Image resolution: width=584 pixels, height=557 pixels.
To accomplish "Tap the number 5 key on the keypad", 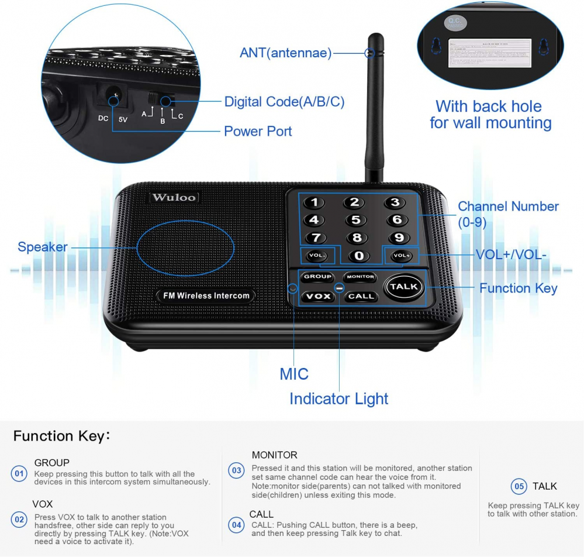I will point(355,220).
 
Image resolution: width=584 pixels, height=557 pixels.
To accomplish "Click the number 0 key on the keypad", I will point(359,256).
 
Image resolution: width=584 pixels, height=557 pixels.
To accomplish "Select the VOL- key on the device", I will point(317,256).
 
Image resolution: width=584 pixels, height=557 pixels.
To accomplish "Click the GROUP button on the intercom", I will point(317,277).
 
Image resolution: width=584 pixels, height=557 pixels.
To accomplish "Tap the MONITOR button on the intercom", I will point(360,277).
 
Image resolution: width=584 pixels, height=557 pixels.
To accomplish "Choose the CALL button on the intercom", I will point(361,296).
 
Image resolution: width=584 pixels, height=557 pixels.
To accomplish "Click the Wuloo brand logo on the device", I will point(174,197).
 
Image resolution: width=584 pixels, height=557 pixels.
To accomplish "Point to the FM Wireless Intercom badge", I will point(206,295).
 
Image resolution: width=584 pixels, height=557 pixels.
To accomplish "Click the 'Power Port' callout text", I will point(258,131).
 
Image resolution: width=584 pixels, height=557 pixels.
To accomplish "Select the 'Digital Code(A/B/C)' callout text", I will point(284,102).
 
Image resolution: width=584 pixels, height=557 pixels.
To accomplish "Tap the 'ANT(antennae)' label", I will point(285,53).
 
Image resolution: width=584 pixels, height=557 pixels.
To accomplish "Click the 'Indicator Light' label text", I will point(338,399).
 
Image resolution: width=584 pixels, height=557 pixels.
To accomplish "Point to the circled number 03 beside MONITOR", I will point(236,470).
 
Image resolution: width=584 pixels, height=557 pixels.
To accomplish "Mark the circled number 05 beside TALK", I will point(519,486).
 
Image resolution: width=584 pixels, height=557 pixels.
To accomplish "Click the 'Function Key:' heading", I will point(61,436).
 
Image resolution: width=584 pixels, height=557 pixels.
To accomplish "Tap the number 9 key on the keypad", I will point(399,238).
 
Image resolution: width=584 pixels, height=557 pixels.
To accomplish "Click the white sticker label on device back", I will point(489,54).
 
